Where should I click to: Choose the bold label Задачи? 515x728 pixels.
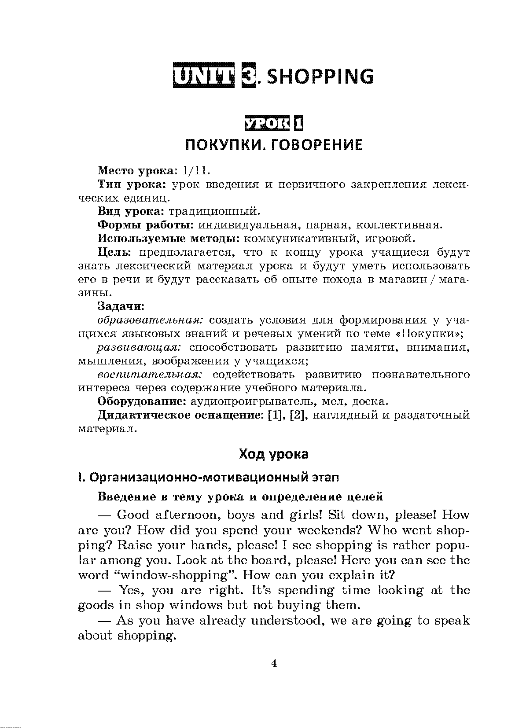click(121, 306)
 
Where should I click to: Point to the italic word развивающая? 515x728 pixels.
click(139, 347)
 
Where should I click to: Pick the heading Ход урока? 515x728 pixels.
click(273, 454)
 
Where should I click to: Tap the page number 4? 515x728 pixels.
click(274, 663)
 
